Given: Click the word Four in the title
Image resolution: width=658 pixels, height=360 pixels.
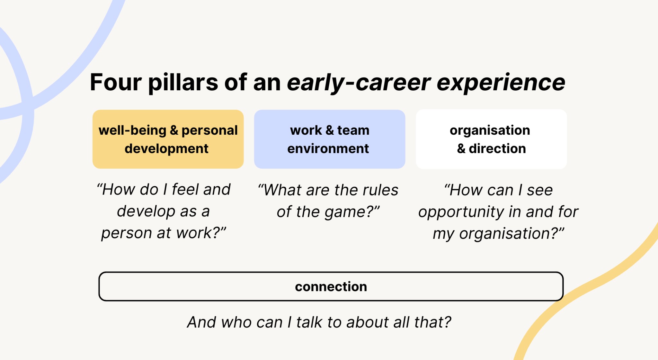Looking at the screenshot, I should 116,82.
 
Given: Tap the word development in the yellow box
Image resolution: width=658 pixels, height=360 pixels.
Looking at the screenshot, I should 166,148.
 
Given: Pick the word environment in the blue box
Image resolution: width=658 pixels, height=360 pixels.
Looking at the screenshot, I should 328,148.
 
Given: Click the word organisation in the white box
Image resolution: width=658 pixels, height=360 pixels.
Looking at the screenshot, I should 490,130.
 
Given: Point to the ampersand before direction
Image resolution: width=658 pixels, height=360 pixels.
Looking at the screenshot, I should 461,148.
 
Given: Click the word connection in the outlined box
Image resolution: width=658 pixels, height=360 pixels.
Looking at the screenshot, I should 331,286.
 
